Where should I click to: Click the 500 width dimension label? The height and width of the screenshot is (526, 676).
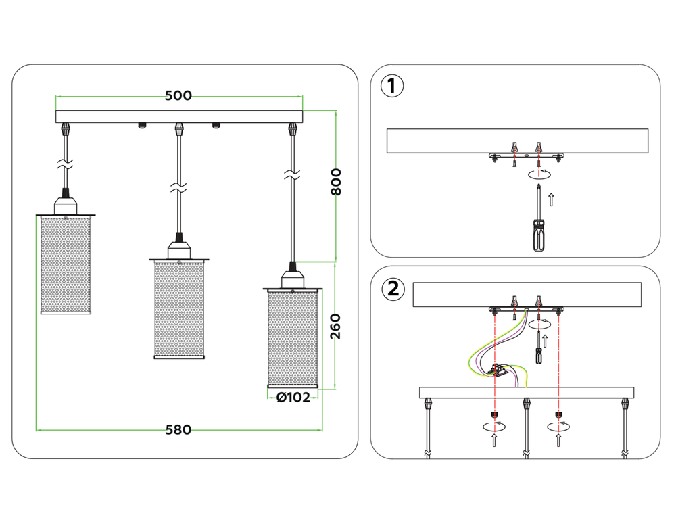(x=178, y=96)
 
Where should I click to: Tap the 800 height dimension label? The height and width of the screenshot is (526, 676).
(x=336, y=181)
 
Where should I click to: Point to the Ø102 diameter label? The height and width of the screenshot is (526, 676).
(x=293, y=398)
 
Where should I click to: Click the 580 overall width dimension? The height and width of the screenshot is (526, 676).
(x=178, y=429)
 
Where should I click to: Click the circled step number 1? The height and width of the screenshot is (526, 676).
(x=393, y=87)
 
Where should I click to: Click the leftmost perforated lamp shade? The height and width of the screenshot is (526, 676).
(x=66, y=265)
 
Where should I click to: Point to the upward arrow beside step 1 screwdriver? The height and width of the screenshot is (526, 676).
(x=551, y=199)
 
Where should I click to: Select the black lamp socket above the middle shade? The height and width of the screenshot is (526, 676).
(x=178, y=238)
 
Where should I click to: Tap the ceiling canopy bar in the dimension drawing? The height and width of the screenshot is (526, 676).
(x=178, y=116)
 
